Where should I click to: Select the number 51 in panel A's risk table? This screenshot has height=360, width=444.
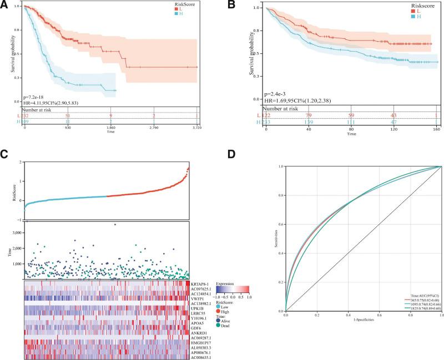coord(68,115)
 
